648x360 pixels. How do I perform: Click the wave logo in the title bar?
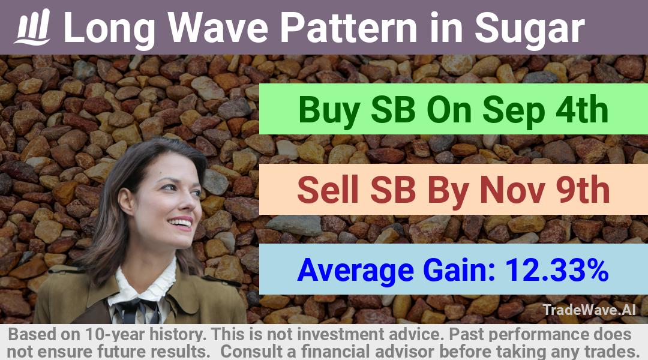32,27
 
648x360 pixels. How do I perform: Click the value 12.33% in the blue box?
557,269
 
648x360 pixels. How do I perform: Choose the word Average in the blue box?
355,271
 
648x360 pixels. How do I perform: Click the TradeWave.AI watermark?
589,310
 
